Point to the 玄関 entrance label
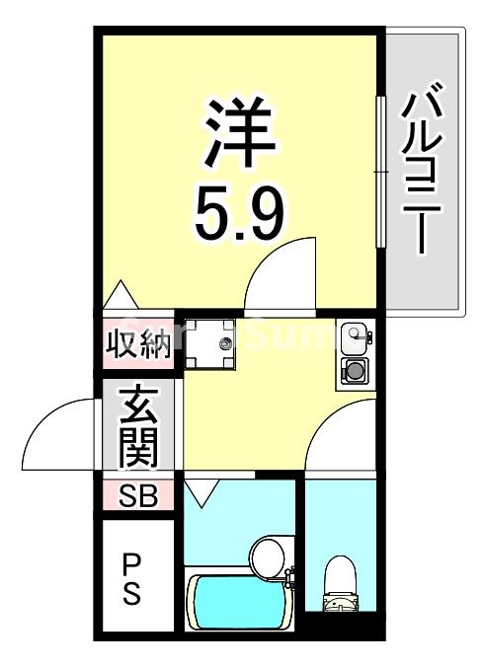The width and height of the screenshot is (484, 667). tap(139, 428)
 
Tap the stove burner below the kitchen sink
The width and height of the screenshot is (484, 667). tap(353, 371)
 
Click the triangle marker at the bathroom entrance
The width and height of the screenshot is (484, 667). tap(203, 491)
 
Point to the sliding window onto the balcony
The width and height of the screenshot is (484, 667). tap(379, 173)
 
